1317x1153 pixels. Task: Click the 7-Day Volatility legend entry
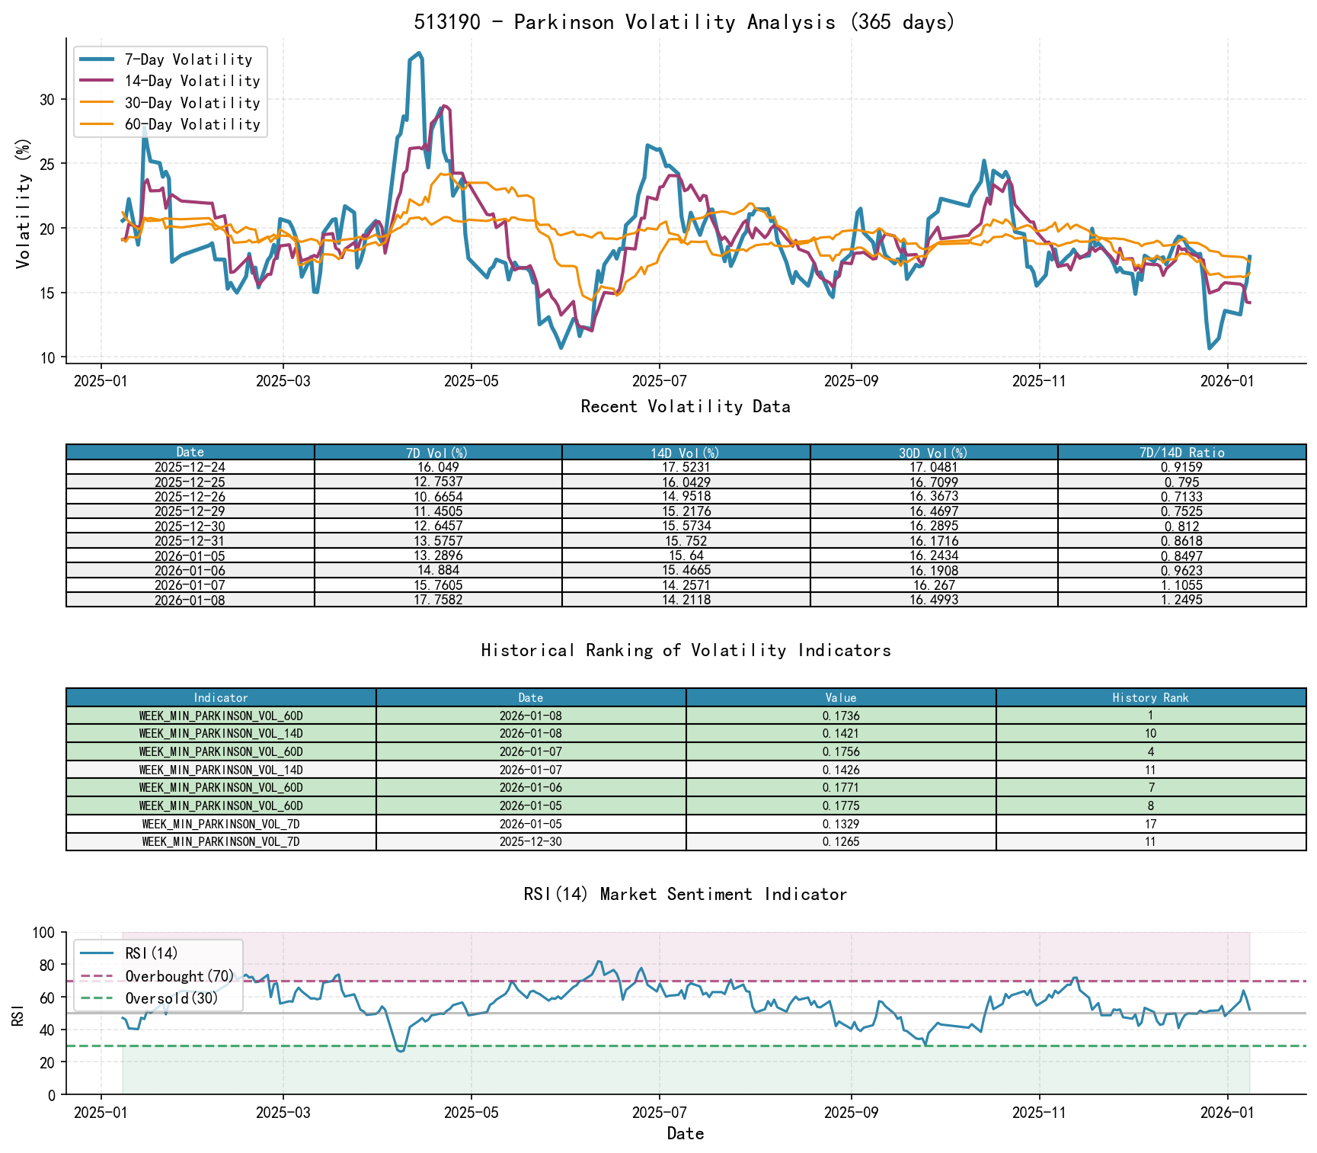[187, 59]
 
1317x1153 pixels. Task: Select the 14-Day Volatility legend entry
[192, 81]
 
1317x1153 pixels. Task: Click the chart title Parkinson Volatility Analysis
[684, 22]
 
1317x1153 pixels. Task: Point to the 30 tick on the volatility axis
[47, 99]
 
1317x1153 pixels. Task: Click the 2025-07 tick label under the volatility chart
[659, 380]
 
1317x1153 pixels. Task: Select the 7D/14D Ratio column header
[1181, 453]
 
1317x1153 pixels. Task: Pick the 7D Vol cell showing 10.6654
[438, 497]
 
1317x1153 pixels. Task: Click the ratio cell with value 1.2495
[1181, 601]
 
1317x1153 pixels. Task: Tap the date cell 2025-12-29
[190, 511]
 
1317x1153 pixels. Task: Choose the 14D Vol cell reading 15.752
[686, 541]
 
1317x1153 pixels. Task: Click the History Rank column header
[1150, 698]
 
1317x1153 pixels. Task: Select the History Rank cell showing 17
[1150, 824]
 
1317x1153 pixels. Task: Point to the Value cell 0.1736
[841, 716]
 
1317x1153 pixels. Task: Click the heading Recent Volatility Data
[685, 407]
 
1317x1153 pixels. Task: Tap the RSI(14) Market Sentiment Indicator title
[685, 894]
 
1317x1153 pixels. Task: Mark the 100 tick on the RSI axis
[44, 933]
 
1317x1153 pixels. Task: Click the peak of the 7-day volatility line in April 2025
[420, 53]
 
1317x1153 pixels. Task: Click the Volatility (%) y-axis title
[24, 203]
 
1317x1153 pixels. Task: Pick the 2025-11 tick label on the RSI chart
[1038, 1113]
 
